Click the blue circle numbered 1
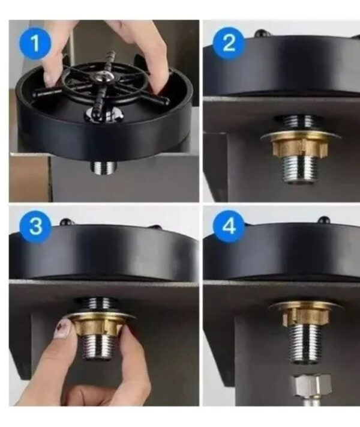coord(35,43)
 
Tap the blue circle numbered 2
coord(229,43)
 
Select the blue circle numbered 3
coord(35,226)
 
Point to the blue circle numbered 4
coord(229,226)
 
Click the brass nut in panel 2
coord(301,148)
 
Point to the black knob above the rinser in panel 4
coord(323,219)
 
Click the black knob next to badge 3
coord(66,222)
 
